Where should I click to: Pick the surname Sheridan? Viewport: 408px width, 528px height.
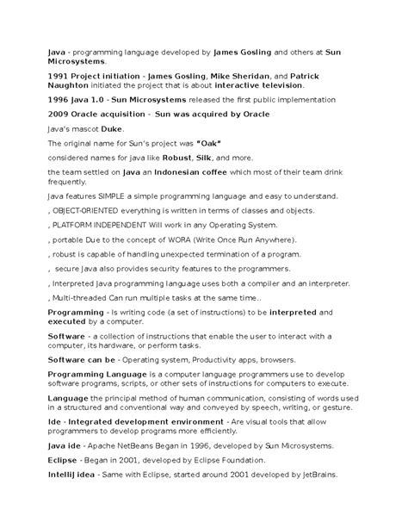coord(245,77)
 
